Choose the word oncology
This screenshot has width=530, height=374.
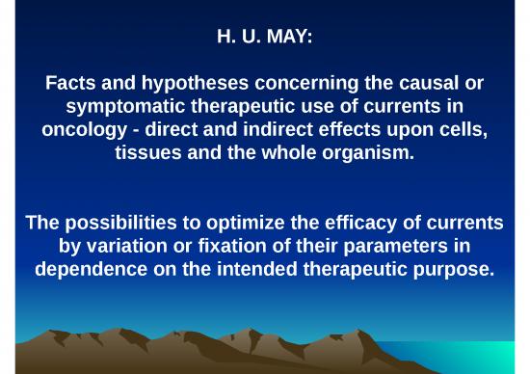tap(82, 130)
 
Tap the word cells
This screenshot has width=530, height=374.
tap(460, 130)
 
